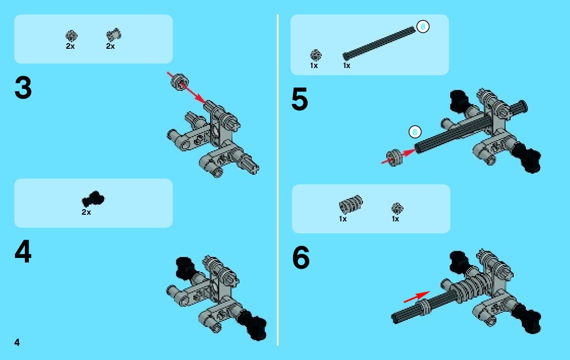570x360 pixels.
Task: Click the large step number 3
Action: click(x=23, y=88)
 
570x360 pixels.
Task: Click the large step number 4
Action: click(x=23, y=251)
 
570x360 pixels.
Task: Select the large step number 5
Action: click(x=299, y=99)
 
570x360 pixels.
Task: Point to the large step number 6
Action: click(x=301, y=257)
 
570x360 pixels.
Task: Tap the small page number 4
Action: click(x=17, y=342)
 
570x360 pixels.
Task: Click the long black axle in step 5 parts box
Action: click(x=379, y=43)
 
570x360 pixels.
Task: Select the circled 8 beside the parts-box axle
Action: click(x=423, y=26)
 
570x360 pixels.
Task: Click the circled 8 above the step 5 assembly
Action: click(x=415, y=132)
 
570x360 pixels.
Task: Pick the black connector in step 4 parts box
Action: click(x=93, y=199)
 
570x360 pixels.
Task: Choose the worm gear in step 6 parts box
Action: click(x=351, y=204)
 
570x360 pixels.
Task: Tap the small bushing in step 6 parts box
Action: click(x=397, y=208)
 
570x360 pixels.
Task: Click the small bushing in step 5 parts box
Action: click(x=316, y=55)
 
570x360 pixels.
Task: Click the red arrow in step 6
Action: click(x=417, y=297)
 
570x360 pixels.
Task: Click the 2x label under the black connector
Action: click(x=86, y=212)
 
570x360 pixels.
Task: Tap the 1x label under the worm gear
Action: click(x=343, y=219)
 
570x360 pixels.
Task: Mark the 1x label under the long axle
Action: click(x=347, y=66)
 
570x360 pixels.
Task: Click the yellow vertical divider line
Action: click(x=277, y=180)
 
